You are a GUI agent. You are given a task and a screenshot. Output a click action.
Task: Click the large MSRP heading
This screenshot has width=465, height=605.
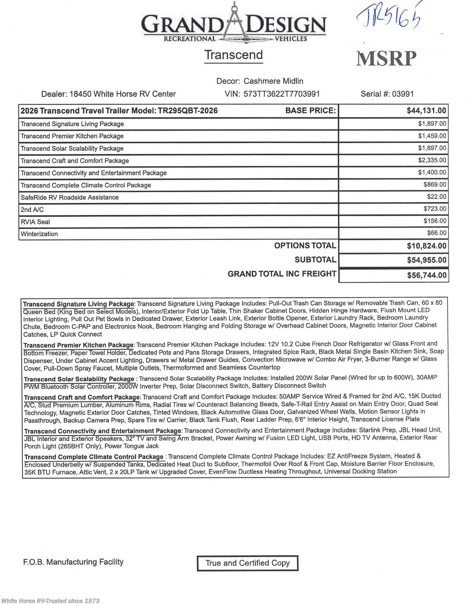386,59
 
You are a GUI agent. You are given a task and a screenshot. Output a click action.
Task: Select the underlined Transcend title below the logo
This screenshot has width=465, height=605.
233,55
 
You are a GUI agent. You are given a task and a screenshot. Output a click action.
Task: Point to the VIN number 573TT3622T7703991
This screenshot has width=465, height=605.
282,94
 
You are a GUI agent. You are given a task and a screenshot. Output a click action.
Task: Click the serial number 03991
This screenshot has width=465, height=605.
403,94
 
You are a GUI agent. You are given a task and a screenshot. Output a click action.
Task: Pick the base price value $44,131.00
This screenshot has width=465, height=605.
426,111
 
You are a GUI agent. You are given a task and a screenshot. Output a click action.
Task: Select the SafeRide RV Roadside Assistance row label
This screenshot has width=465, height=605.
69,197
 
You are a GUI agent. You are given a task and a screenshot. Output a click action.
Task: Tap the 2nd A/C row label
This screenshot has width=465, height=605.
32,210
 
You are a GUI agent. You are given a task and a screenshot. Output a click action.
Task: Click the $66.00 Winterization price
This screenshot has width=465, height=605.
437,233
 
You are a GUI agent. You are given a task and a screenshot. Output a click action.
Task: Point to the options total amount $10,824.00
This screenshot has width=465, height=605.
426,246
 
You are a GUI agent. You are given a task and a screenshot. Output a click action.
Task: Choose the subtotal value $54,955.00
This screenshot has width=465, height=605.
426,260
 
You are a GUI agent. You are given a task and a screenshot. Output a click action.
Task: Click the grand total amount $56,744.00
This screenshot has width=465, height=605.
427,275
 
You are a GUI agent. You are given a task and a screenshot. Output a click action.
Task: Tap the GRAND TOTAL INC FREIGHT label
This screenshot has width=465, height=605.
282,274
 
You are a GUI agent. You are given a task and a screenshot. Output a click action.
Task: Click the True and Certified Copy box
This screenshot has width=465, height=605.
247,563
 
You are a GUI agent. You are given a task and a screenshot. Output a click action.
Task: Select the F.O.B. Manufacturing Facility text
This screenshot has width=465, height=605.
73,562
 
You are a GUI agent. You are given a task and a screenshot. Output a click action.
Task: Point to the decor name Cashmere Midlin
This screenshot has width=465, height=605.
273,81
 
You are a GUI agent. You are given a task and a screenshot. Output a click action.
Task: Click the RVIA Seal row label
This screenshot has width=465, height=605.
35,222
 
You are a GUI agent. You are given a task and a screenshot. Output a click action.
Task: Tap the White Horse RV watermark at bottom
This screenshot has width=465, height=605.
50,601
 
